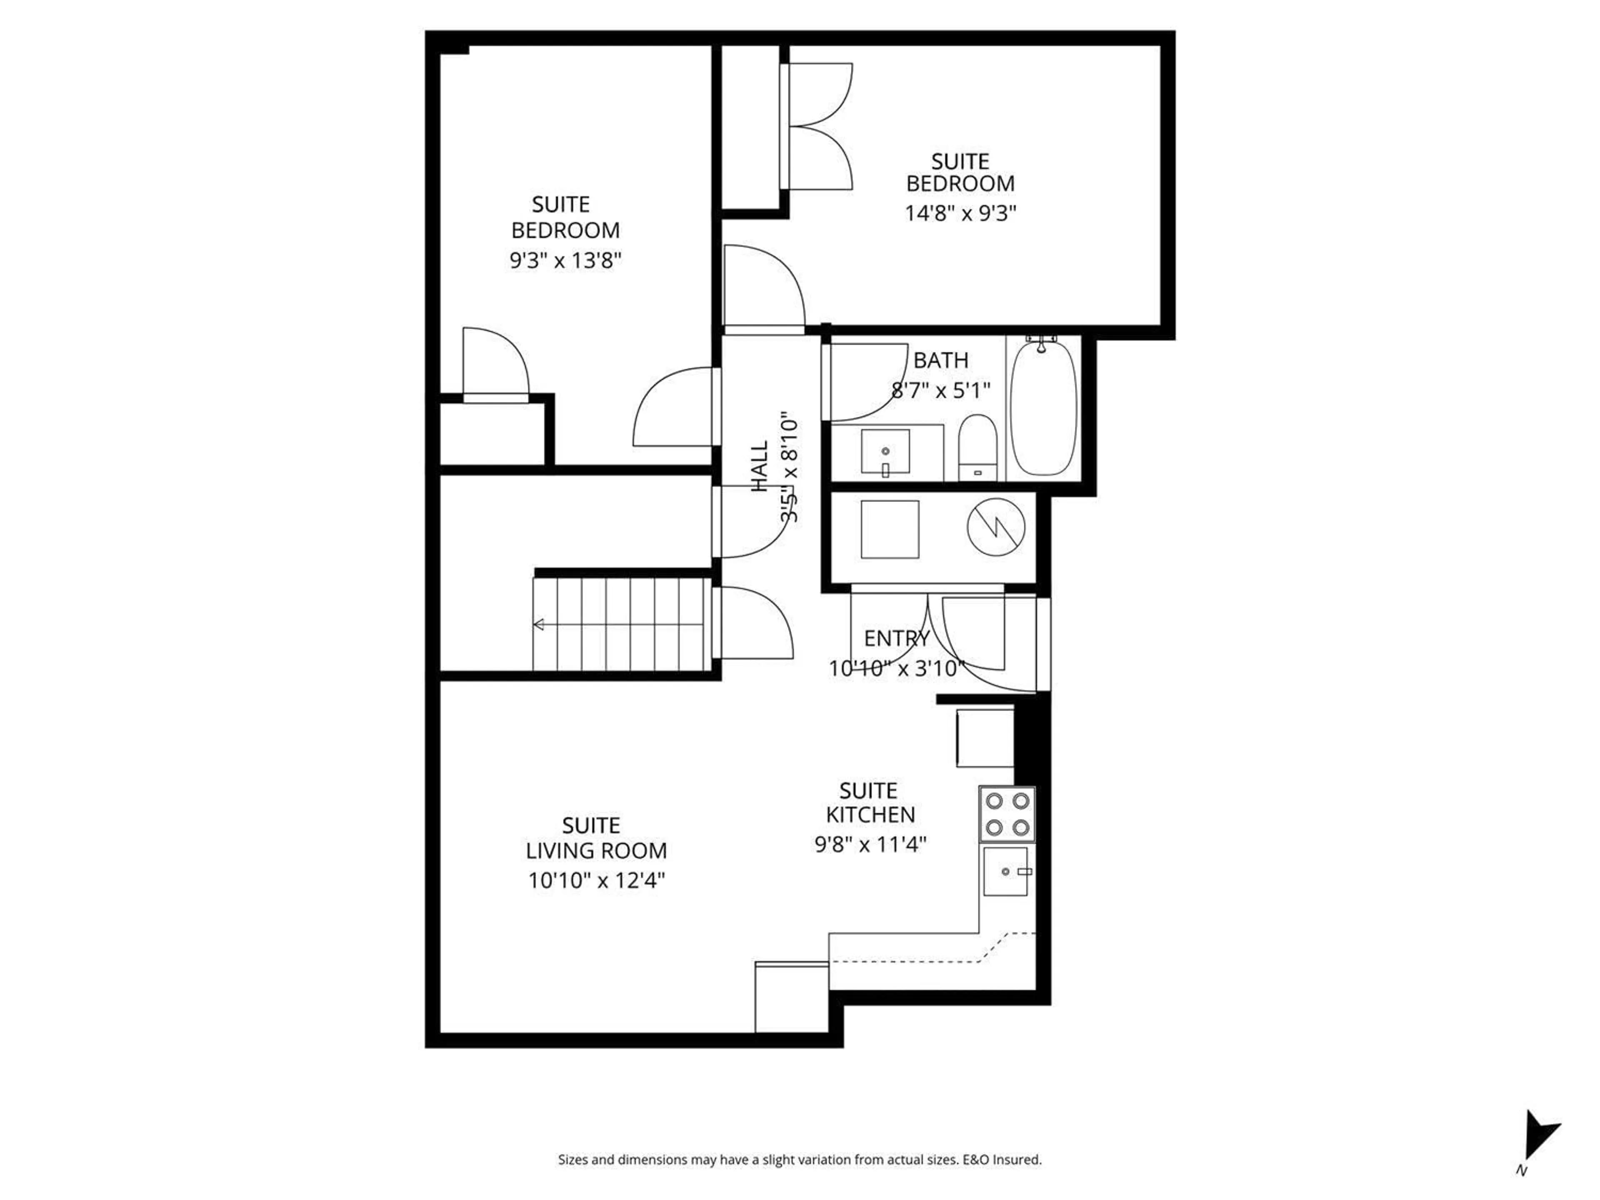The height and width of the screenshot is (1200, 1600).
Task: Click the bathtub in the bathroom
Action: [1043, 410]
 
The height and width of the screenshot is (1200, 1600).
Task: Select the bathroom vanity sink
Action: [885, 451]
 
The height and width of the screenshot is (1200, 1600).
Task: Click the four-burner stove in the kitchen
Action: [1007, 814]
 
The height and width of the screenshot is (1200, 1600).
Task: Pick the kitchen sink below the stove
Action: [1005, 872]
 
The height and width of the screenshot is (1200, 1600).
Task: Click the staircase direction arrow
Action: [539, 624]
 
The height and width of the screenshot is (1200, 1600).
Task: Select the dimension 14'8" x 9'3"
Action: [960, 213]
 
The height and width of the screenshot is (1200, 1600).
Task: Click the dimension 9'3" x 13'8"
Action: [566, 260]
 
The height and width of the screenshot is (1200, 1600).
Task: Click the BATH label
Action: [940, 360]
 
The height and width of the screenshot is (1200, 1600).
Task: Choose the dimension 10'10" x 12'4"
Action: [596, 880]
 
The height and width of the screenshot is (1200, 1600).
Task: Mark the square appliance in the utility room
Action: [890, 530]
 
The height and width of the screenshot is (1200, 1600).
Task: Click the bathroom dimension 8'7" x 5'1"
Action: [940, 390]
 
